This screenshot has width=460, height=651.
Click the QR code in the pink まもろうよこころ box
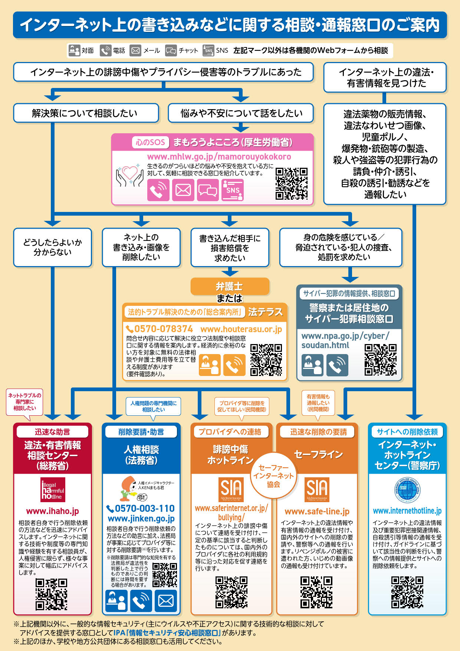(291, 183)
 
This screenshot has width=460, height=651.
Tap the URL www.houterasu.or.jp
(241, 329)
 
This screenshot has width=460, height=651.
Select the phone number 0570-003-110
(141, 508)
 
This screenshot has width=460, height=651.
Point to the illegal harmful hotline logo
(53, 490)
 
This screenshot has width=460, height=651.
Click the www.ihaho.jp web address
(53, 511)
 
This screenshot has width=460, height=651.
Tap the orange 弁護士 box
(230, 287)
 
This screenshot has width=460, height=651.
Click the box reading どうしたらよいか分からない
(53, 247)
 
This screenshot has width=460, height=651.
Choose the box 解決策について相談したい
(86, 113)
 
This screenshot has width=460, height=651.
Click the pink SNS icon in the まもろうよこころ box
(232, 190)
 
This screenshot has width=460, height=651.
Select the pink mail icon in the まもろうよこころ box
(183, 190)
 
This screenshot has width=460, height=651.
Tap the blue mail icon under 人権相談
(165, 601)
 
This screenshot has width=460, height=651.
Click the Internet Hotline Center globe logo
(407, 489)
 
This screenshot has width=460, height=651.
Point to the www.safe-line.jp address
(317, 511)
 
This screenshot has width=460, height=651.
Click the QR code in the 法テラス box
(266, 360)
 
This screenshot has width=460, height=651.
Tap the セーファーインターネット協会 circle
(273, 475)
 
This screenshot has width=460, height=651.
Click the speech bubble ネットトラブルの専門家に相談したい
(25, 402)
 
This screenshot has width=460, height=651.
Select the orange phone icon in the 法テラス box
(234, 365)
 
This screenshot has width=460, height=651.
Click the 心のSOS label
(150, 142)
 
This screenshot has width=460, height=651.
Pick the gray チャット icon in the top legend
(171, 50)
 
